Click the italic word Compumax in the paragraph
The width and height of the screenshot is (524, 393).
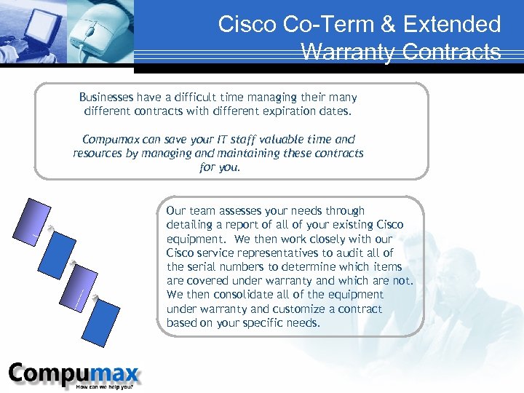pyautogui.click(x=112, y=139)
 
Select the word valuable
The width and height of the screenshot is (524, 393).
pyautogui.click(x=275, y=139)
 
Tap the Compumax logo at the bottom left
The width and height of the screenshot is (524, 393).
pyautogui.click(x=73, y=374)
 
